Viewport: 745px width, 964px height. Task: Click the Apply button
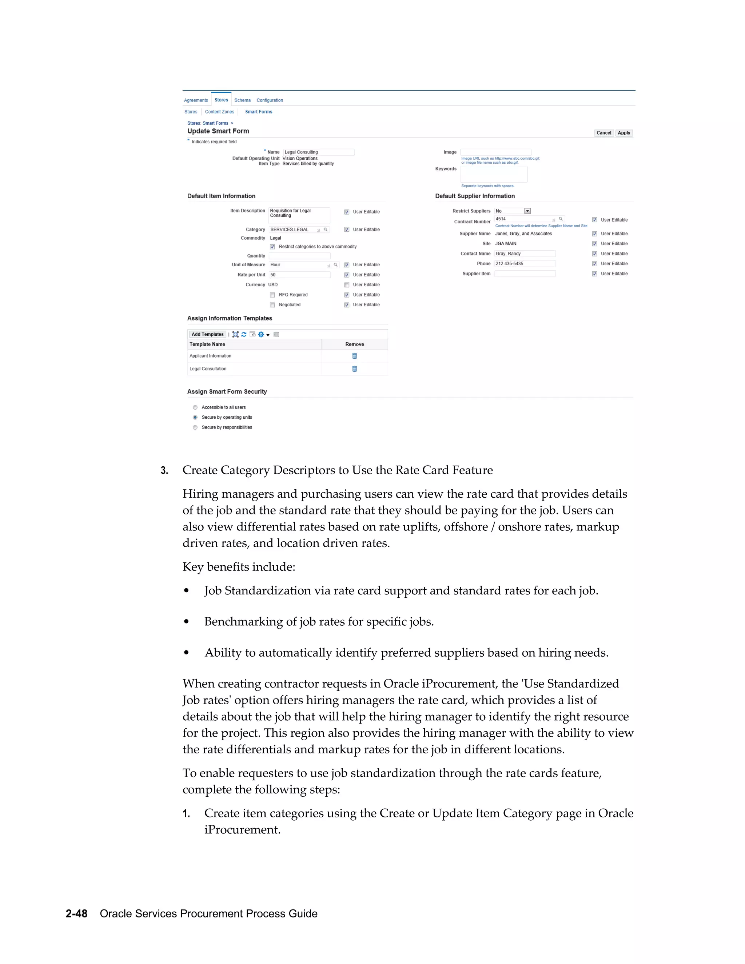pos(624,133)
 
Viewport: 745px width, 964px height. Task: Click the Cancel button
pos(603,133)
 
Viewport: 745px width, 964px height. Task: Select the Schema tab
pos(242,100)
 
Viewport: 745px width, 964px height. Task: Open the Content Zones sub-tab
pos(219,112)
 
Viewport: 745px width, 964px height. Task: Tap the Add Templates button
pos(207,335)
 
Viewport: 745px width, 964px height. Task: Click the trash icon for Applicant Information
pos(354,356)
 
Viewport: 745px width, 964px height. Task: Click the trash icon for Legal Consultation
pos(354,369)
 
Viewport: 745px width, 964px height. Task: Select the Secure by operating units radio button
pos(195,418)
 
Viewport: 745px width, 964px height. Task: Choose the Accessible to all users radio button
pos(195,407)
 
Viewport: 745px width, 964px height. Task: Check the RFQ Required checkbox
pos(272,295)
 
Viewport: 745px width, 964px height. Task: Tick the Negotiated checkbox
pos(272,305)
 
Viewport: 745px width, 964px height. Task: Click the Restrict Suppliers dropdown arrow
pos(527,211)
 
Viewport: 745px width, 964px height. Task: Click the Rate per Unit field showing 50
pos(300,275)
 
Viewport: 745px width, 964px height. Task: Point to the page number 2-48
pos(76,914)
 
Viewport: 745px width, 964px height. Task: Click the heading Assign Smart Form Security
pos(227,392)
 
